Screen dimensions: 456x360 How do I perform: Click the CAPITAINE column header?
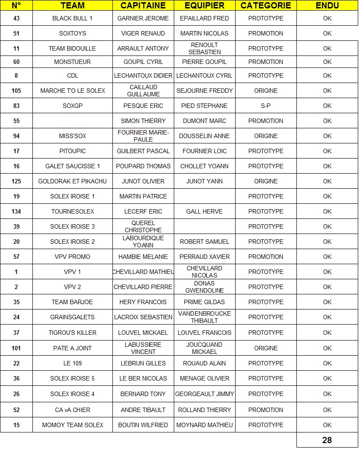[143, 6]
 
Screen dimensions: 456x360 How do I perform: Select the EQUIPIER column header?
[204, 6]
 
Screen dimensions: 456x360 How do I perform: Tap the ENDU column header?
[327, 6]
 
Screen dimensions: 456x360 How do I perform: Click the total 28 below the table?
[327, 440]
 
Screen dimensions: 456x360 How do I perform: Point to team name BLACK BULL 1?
[72, 18]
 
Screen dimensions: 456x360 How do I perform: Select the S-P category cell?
[266, 106]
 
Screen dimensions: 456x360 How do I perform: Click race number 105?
[16, 91]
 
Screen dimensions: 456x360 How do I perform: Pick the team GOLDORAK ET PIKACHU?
[72, 181]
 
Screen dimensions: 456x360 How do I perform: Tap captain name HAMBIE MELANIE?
[143, 257]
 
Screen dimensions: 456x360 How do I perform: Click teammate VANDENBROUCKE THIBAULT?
[204, 317]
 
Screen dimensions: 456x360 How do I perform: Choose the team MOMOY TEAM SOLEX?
[72, 425]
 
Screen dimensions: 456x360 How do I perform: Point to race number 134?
[16, 211]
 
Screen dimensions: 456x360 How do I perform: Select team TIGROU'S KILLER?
[72, 333]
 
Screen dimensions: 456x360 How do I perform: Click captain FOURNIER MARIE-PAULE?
[143, 136]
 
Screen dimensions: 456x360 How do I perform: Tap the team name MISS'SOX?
[72, 136]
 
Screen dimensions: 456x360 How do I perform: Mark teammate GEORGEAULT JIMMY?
[204, 394]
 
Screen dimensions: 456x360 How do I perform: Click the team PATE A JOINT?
[72, 348]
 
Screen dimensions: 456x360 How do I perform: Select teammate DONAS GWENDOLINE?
[204, 287]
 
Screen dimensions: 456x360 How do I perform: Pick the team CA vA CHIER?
[72, 410]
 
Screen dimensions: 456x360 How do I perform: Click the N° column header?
[16, 6]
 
